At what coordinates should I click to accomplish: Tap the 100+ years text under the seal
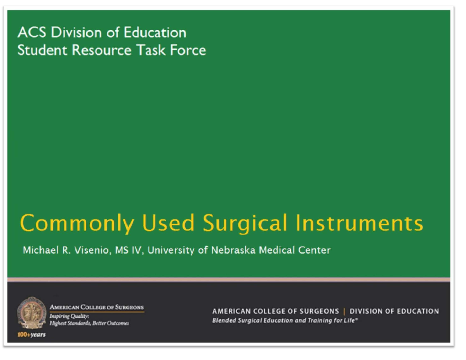click(31, 335)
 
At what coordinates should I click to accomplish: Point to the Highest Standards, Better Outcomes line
click(89, 323)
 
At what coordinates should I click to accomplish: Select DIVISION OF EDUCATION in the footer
click(394, 311)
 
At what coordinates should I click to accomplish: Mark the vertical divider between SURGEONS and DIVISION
click(344, 311)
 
